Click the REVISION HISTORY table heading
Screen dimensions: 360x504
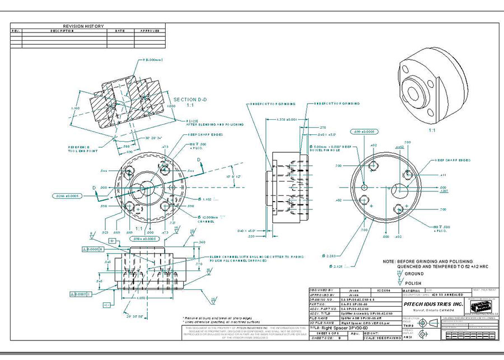point(87,26)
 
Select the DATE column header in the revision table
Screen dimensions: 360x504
point(120,31)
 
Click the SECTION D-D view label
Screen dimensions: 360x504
point(191,100)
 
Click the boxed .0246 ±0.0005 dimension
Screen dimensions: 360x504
point(68,196)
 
